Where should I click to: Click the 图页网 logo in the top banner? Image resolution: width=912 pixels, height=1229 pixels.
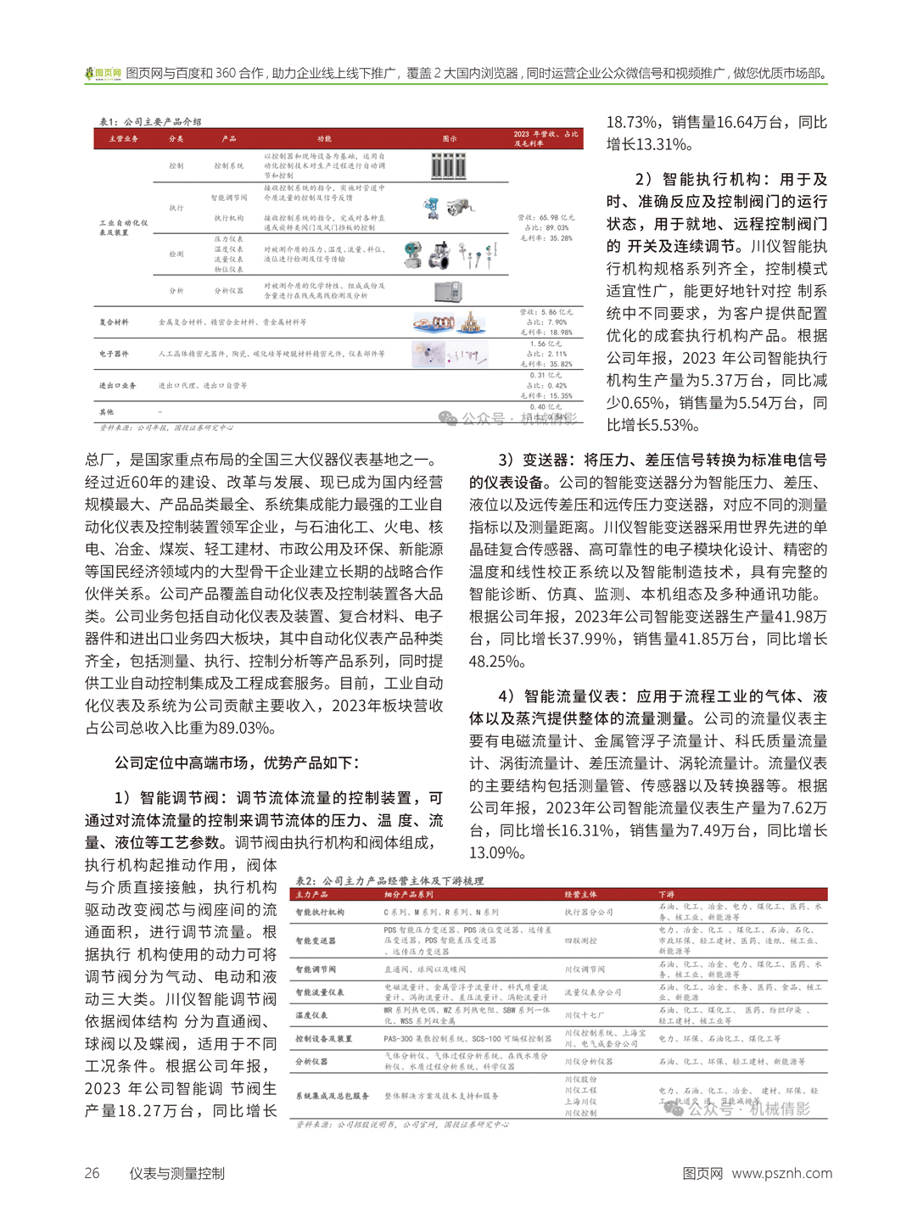point(103,74)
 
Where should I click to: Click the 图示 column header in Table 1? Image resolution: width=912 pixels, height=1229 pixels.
point(450,138)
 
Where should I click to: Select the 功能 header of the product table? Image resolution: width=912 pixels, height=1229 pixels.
point(324,138)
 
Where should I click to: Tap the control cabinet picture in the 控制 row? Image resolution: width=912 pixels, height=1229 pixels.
point(448,166)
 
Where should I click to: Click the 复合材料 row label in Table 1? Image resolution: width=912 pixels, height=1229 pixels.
point(114,322)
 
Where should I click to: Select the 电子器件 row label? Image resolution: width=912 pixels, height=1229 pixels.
point(114,354)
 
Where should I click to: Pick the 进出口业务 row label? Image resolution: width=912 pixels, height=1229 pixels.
point(118,385)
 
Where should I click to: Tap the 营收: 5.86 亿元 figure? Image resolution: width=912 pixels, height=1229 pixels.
point(546,312)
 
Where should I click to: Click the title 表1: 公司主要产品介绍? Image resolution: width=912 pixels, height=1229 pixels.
point(150,122)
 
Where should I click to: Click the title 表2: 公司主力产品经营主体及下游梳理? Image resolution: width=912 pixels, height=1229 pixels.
point(389,881)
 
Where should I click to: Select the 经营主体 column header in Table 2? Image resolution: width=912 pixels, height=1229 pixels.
point(581,894)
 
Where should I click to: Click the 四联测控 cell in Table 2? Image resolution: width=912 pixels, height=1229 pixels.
point(581,941)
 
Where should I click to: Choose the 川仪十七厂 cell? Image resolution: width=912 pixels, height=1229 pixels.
point(585,1015)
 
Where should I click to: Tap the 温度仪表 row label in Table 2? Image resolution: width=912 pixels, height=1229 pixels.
point(312,1015)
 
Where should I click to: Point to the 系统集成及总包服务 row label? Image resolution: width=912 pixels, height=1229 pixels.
point(333,1096)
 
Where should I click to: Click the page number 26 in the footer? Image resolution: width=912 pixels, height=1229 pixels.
point(92,1173)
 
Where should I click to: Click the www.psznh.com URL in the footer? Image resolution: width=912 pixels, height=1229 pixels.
point(781,1173)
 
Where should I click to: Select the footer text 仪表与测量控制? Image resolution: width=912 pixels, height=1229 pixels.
point(176,1173)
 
